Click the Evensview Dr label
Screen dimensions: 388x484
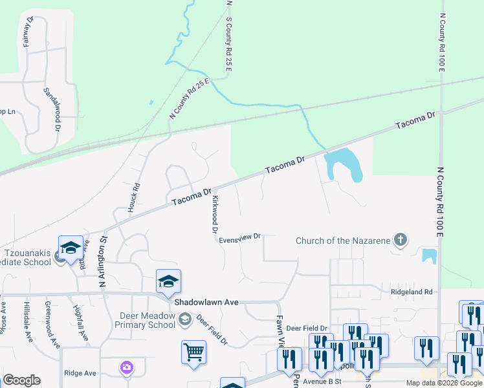click(239, 237)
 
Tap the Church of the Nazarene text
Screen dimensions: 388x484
click(342, 241)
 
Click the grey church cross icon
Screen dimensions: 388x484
click(401, 241)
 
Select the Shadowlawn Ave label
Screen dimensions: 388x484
click(205, 301)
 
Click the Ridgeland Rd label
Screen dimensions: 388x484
click(411, 292)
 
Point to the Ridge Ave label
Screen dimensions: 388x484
click(80, 373)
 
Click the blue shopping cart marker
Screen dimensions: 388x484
click(193, 352)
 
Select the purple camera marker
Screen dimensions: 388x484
click(127, 368)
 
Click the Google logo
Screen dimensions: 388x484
click(21, 380)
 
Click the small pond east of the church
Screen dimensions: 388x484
click(429, 255)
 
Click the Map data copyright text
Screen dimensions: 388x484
click(444, 383)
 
